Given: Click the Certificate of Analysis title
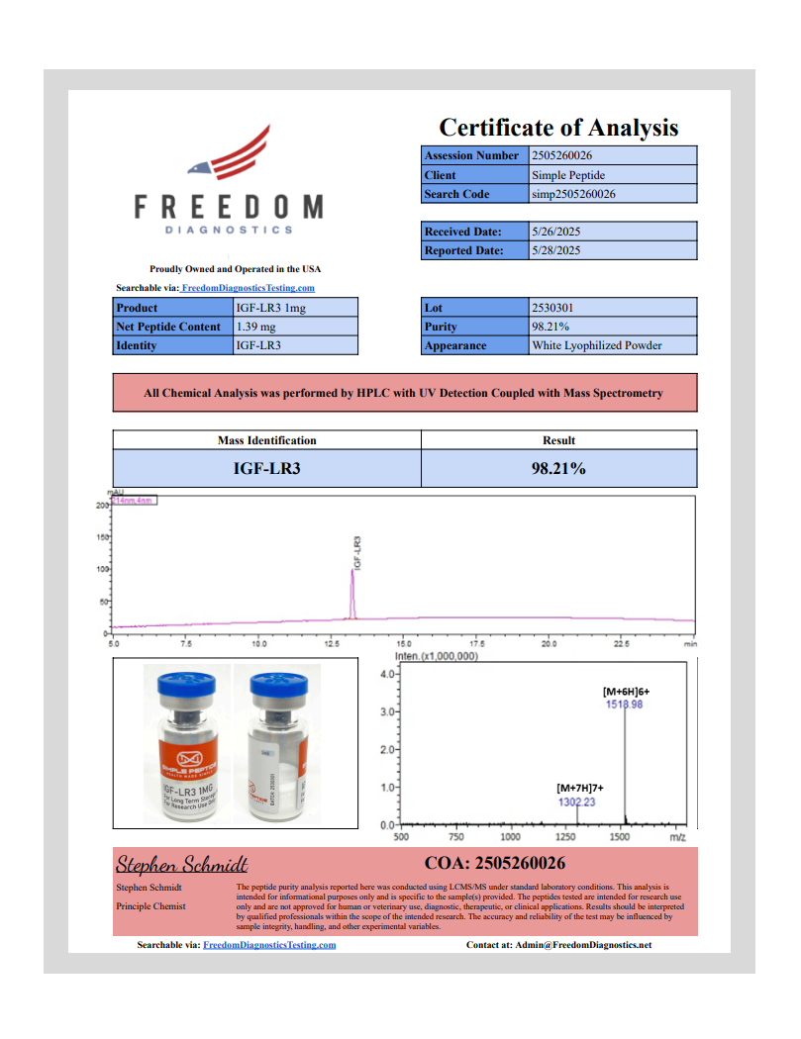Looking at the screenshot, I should point(558,128).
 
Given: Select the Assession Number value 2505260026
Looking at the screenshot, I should point(561,155).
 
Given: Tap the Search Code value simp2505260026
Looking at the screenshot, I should point(573,194).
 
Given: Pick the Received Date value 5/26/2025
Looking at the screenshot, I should point(555,232).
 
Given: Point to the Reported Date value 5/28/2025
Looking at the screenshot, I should point(555,250).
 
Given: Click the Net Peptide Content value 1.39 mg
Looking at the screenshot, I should point(255,327).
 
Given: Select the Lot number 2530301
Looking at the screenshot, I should point(551,308).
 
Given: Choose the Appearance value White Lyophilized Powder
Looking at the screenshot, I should point(596,345).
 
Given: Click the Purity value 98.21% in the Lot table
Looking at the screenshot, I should point(551,327).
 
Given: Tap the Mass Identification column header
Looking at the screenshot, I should point(267,440).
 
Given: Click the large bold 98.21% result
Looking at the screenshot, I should point(559,468).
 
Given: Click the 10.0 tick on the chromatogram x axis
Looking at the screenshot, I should point(259,643).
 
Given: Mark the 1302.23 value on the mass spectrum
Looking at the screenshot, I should point(576,802).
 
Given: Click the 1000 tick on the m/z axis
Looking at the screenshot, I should point(511,836).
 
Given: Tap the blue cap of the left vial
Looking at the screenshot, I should point(180,682).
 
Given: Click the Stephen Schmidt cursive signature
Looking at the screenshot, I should point(181,864).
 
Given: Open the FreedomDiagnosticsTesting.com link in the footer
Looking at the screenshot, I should point(269,945).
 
